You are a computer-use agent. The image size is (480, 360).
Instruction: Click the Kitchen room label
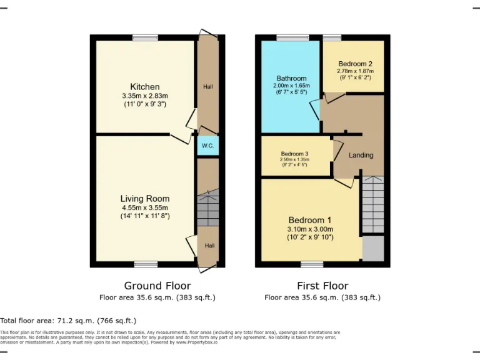(144, 86)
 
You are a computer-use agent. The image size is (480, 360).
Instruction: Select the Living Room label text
(145, 199)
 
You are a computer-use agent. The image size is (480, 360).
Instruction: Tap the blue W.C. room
(208, 146)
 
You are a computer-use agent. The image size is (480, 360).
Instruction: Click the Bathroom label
(291, 78)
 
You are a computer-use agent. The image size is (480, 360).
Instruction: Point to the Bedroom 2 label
(355, 64)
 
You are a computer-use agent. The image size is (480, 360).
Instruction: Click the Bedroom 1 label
(310, 220)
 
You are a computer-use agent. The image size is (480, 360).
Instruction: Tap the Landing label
(361, 155)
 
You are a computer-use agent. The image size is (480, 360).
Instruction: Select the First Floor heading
(322, 286)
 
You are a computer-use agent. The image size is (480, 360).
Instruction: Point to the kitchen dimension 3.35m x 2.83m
(145, 96)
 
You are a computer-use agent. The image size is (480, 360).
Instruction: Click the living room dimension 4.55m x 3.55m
(145, 207)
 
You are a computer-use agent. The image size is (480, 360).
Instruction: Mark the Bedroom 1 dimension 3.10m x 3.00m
(310, 229)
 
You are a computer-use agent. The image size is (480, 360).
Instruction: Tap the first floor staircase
(372, 204)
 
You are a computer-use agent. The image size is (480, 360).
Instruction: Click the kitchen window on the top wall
(145, 37)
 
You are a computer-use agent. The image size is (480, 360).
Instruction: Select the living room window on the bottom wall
(145, 264)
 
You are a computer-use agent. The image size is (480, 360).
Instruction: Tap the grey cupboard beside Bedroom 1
(373, 248)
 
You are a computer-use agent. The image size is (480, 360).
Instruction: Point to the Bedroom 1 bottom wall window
(312, 264)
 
